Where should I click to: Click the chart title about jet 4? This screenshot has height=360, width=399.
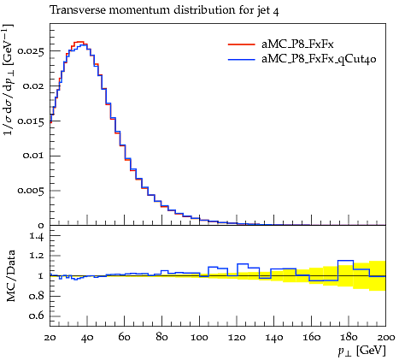(x=164, y=10)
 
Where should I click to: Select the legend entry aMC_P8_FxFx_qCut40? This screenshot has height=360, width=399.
(x=319, y=59)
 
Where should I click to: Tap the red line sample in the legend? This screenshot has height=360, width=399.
(x=242, y=44)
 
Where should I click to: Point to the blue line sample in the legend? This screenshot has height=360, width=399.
(x=242, y=59)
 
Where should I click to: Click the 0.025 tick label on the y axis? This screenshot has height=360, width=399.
(x=31, y=51)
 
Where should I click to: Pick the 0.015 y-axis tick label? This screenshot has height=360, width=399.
(x=31, y=121)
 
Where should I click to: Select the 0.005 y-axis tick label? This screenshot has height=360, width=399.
(x=31, y=191)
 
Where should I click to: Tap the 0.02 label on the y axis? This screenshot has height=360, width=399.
(x=33, y=86)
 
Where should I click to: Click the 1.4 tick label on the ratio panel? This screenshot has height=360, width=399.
(x=37, y=236)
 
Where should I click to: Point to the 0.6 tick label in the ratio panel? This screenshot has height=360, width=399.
(x=37, y=316)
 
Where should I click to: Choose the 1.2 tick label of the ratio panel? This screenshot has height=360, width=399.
(x=37, y=256)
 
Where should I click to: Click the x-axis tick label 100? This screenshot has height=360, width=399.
(x=199, y=338)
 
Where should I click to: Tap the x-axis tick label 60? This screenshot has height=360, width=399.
(x=125, y=338)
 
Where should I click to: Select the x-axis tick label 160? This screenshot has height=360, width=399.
(x=311, y=338)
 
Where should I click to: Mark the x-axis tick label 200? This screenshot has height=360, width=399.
(x=386, y=338)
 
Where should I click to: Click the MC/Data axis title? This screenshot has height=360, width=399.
(x=11, y=275)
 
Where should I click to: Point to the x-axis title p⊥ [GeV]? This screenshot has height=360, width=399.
(x=362, y=351)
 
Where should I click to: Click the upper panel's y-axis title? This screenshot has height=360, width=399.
(x=9, y=80)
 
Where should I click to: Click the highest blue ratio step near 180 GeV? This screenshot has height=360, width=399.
(x=345, y=261)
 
